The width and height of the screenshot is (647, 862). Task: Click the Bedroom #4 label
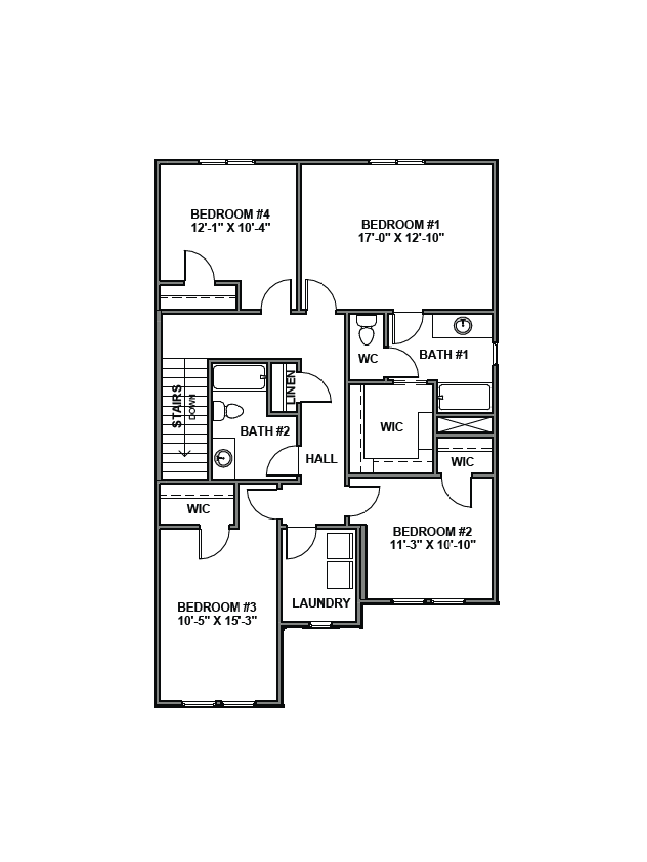pos(230,214)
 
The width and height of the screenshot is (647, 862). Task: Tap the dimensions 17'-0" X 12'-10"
pos(401,237)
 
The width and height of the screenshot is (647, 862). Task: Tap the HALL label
pos(321,459)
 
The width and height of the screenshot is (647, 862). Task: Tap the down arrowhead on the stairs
pos(184,454)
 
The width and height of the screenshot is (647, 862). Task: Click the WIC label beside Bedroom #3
pos(198,509)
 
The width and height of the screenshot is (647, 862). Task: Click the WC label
pos(368,358)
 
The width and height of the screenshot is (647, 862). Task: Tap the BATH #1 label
pos(443,354)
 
